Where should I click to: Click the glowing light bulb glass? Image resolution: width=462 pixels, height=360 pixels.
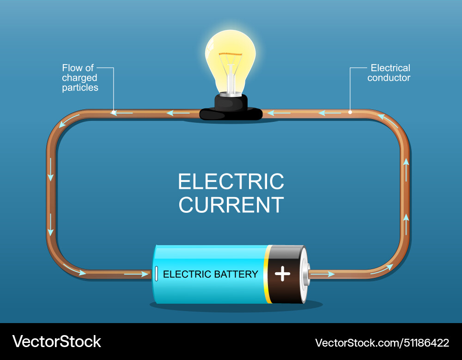tap(230, 51)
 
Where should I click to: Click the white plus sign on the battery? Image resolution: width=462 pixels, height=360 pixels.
tap(282, 274)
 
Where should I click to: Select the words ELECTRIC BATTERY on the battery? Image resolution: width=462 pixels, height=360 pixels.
tap(210, 274)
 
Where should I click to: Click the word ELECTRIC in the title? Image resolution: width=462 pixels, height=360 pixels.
tap(231, 181)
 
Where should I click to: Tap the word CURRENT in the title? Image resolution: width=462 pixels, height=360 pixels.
tap(231, 205)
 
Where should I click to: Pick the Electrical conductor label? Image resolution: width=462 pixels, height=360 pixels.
tap(389, 73)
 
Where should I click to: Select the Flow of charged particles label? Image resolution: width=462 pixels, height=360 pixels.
tap(80, 78)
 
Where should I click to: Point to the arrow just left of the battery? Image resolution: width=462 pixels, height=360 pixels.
tap(136, 274)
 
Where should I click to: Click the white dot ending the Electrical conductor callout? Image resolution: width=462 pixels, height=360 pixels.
tap(350, 112)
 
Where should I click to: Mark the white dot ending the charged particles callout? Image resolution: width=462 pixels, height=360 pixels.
tap(113, 112)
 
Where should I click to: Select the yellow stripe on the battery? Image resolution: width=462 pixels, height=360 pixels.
tap(267, 274)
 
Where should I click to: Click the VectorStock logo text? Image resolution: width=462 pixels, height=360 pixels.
tap(56, 342)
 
